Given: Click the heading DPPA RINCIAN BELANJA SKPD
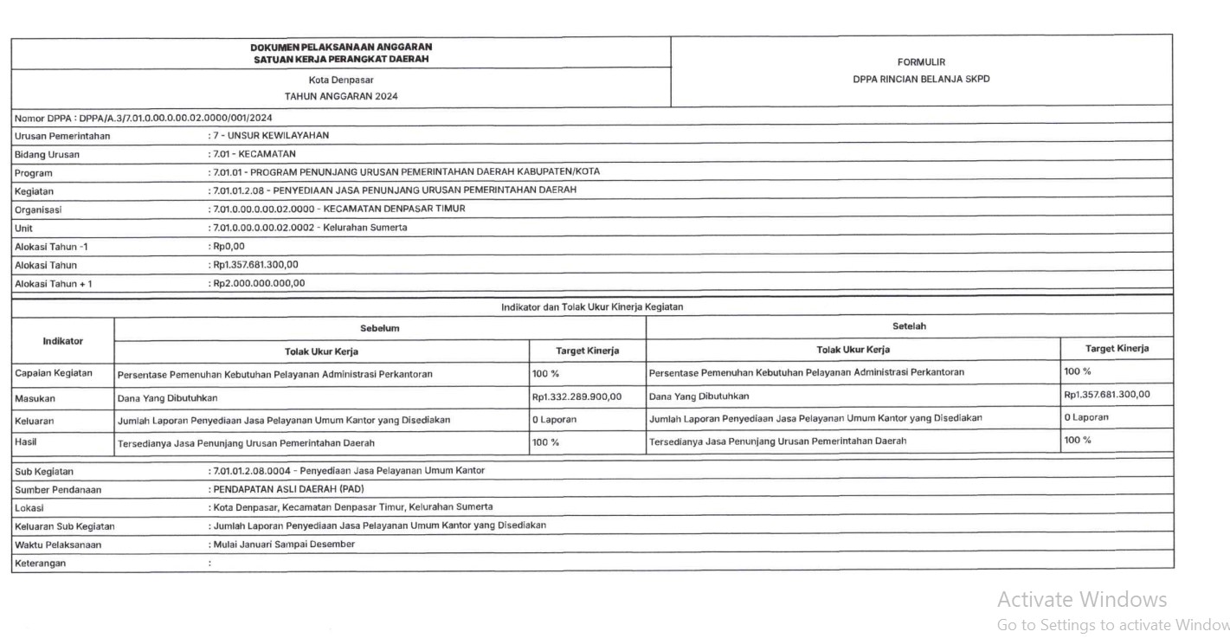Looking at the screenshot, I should [921, 79].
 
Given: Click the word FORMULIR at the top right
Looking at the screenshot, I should [921, 62].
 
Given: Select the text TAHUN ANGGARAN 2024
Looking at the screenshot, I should [341, 96].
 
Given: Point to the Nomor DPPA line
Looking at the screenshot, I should [144, 118].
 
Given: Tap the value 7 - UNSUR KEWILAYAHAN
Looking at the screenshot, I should [271, 136].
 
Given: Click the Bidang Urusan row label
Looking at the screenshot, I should [47, 155].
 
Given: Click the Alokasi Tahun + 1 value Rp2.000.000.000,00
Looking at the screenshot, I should [259, 283].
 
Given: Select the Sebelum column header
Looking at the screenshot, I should [380, 328].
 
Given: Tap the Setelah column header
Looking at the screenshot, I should [909, 326].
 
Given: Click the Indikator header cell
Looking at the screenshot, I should [62, 341].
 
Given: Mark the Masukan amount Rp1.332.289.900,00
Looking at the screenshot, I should [576, 397].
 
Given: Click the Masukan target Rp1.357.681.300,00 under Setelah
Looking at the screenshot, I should [1106, 395].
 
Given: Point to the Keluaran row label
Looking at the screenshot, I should [35, 422].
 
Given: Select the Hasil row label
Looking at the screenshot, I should [26, 442].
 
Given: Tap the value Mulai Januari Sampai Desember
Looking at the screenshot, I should [283, 545].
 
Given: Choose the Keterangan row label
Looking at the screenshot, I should [40, 564].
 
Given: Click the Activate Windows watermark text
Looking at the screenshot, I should [1081, 599].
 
